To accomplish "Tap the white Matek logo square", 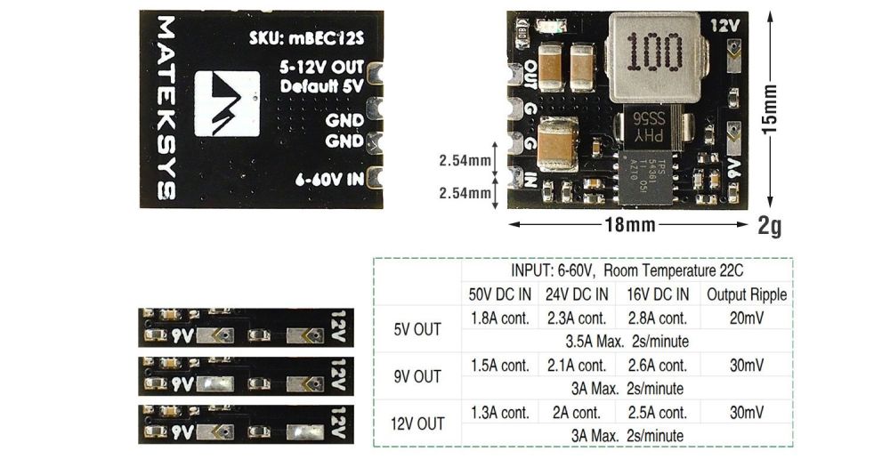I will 227,104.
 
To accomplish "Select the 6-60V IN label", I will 329,179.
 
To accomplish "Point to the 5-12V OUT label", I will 321,67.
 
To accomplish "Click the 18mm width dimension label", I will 628,226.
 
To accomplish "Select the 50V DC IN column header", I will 499,294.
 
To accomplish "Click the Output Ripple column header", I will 747,294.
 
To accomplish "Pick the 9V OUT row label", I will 417,376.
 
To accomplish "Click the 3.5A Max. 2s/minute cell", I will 627,341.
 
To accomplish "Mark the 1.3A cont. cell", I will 499,413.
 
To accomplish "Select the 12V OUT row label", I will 417,424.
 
